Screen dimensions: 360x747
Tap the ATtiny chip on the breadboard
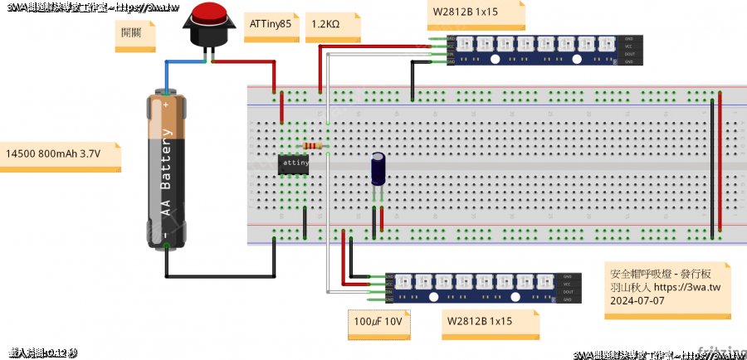[294, 163]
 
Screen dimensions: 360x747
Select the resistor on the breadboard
[313, 146]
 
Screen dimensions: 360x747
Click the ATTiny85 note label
[270, 26]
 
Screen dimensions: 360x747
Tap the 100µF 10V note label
[378, 321]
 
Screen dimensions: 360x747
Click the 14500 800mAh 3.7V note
[53, 154]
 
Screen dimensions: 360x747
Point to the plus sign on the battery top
[167, 106]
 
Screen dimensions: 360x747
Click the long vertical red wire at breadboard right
[720, 162]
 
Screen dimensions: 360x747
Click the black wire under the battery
[220, 275]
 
